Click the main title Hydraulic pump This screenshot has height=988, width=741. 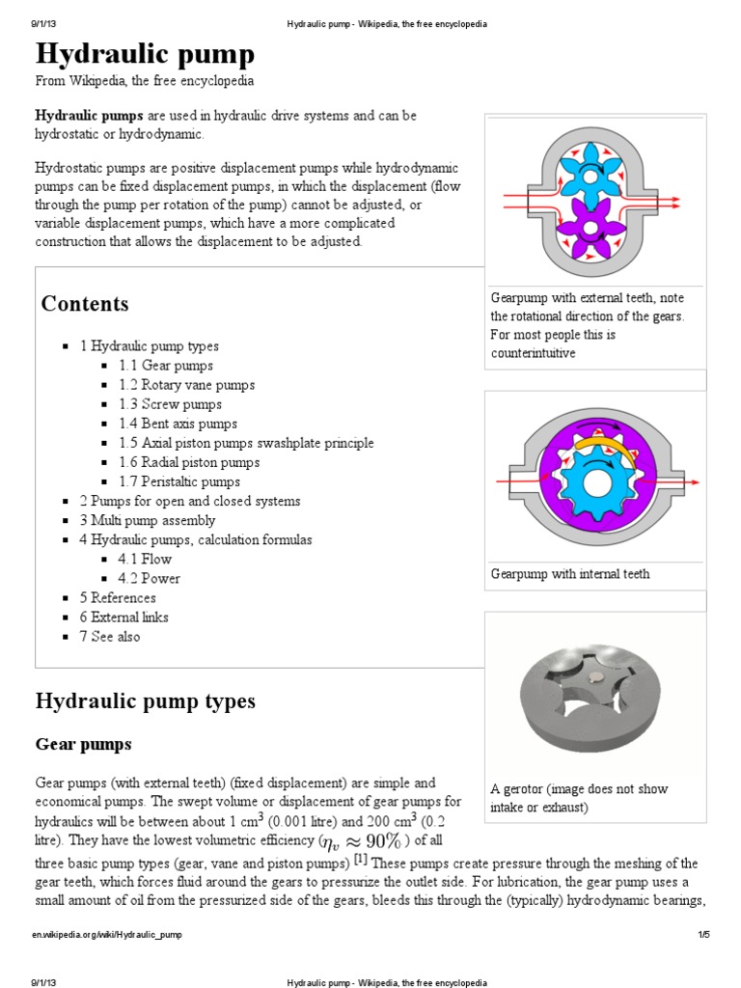145,53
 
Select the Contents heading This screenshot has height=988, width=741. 84,304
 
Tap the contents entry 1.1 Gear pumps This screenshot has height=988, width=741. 166,366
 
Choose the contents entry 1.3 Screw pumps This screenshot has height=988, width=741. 170,404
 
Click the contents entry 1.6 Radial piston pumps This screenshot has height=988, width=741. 189,462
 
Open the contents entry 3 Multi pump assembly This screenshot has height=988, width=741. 148,520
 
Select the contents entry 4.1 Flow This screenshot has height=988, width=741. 145,559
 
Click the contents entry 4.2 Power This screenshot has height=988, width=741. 149,578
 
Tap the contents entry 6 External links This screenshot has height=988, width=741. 123,617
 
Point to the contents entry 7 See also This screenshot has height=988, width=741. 110,636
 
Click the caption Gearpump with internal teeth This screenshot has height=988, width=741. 570,574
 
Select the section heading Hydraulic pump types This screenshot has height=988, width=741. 145,700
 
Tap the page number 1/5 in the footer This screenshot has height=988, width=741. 703,935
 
